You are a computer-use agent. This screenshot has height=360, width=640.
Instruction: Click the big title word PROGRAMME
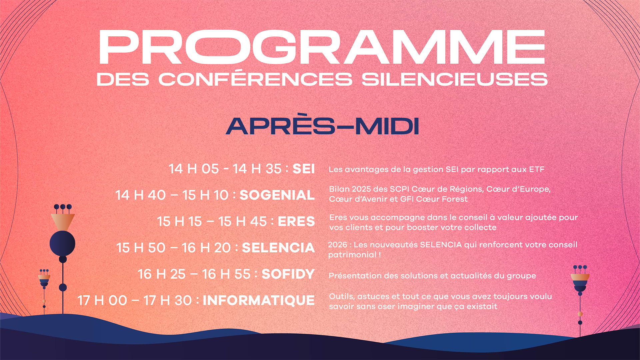(322, 47)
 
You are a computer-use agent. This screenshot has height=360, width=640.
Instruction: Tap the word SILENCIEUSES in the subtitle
(455, 79)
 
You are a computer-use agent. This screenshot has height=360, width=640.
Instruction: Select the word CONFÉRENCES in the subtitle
(255, 77)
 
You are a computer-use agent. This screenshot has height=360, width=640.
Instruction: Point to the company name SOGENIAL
(277, 195)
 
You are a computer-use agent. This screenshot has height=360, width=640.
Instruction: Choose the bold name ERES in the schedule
(296, 221)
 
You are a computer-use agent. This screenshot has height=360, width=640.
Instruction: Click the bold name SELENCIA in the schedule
(278, 248)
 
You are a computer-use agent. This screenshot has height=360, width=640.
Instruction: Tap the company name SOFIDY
(288, 274)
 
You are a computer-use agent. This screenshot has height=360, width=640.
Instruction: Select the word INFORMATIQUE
(259, 300)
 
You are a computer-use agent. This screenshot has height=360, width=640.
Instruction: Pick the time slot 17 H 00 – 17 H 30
(135, 300)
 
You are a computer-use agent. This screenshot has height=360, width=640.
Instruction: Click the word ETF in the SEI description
(536, 169)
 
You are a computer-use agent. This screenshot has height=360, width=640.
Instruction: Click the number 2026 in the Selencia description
(338, 245)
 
